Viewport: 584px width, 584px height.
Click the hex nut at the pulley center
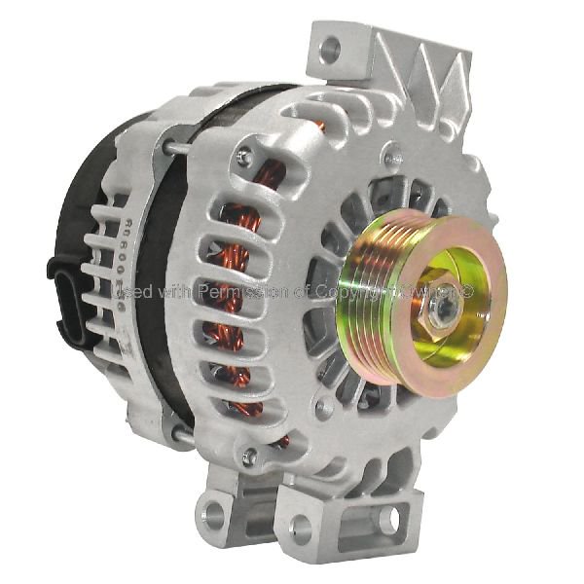(437, 307)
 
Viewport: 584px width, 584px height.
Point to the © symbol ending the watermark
(467, 290)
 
